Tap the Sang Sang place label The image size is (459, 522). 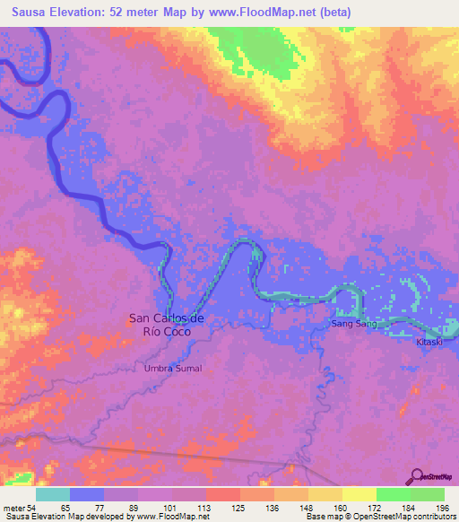tap(353, 323)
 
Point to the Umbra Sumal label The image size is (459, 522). tap(173, 369)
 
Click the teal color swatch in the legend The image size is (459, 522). tap(53, 493)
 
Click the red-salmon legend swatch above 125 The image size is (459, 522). tap(222, 493)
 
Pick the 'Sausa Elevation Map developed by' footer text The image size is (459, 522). tap(64, 517)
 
